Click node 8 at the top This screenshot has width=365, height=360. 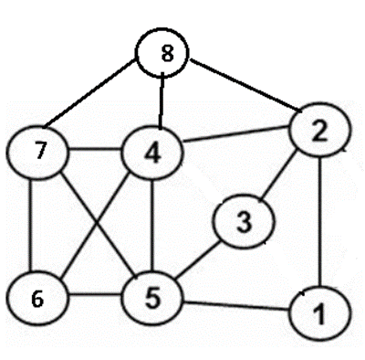tap(165, 54)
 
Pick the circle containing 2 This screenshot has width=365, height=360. tap(318, 133)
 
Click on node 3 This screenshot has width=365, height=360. tap(244, 221)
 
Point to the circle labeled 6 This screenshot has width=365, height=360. tap(36, 297)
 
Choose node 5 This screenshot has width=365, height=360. tap(152, 297)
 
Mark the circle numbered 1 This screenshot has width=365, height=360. tap(318, 316)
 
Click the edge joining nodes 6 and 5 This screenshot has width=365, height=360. tap(94, 297)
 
